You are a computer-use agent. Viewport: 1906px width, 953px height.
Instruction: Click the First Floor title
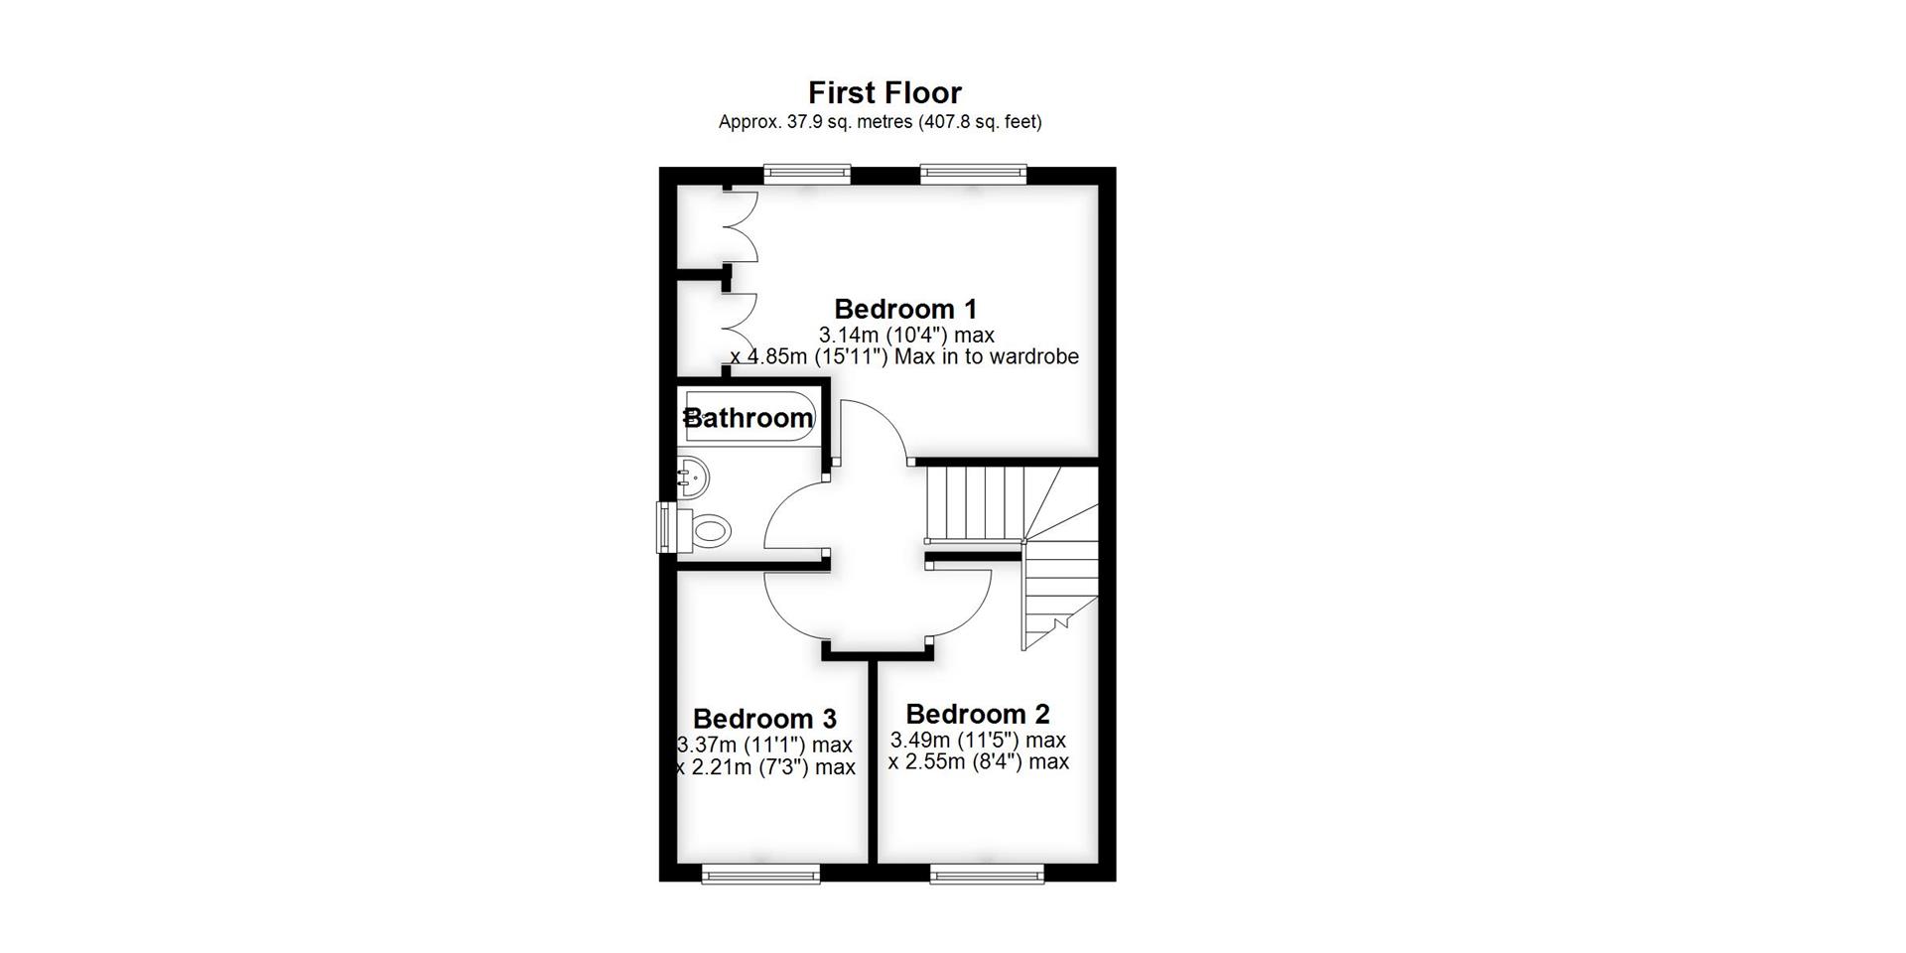[885, 92]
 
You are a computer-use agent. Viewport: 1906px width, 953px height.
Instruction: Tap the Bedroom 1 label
[905, 309]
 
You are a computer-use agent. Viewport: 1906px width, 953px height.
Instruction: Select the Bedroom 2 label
[977, 714]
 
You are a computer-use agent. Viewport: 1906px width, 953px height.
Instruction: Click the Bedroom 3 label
[764, 718]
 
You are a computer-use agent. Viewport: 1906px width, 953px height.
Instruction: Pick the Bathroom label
[749, 418]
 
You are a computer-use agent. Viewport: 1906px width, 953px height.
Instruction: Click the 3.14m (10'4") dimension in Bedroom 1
[905, 335]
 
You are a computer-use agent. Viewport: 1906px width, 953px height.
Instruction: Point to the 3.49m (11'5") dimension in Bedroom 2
[977, 740]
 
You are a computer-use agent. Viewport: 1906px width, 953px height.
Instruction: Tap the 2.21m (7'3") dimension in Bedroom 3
[766, 767]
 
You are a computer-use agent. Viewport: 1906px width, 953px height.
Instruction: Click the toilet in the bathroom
[708, 529]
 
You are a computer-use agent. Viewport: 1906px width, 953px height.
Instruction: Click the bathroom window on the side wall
[665, 527]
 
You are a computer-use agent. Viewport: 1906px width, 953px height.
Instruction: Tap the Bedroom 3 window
[760, 874]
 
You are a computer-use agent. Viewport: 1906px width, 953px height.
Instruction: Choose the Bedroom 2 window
[987, 874]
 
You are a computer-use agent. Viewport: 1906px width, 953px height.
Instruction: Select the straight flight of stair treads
[973, 502]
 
